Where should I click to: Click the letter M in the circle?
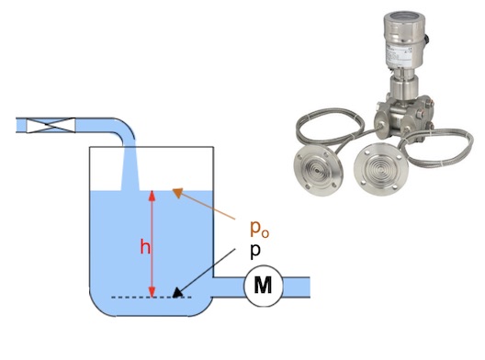click(x=263, y=285)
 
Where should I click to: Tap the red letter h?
click(x=145, y=247)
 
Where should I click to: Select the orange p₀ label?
click(x=259, y=230)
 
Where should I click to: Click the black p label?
click(x=255, y=252)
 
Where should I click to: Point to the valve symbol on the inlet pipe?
click(x=51, y=125)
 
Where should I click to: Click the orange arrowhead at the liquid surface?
click(x=178, y=192)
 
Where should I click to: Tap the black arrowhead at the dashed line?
click(x=176, y=293)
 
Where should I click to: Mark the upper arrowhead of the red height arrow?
click(x=152, y=197)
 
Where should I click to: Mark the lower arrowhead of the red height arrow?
click(x=152, y=292)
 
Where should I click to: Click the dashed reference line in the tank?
click(x=152, y=298)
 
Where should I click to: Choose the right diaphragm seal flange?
click(x=381, y=169)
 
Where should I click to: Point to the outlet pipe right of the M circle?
click(x=296, y=287)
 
